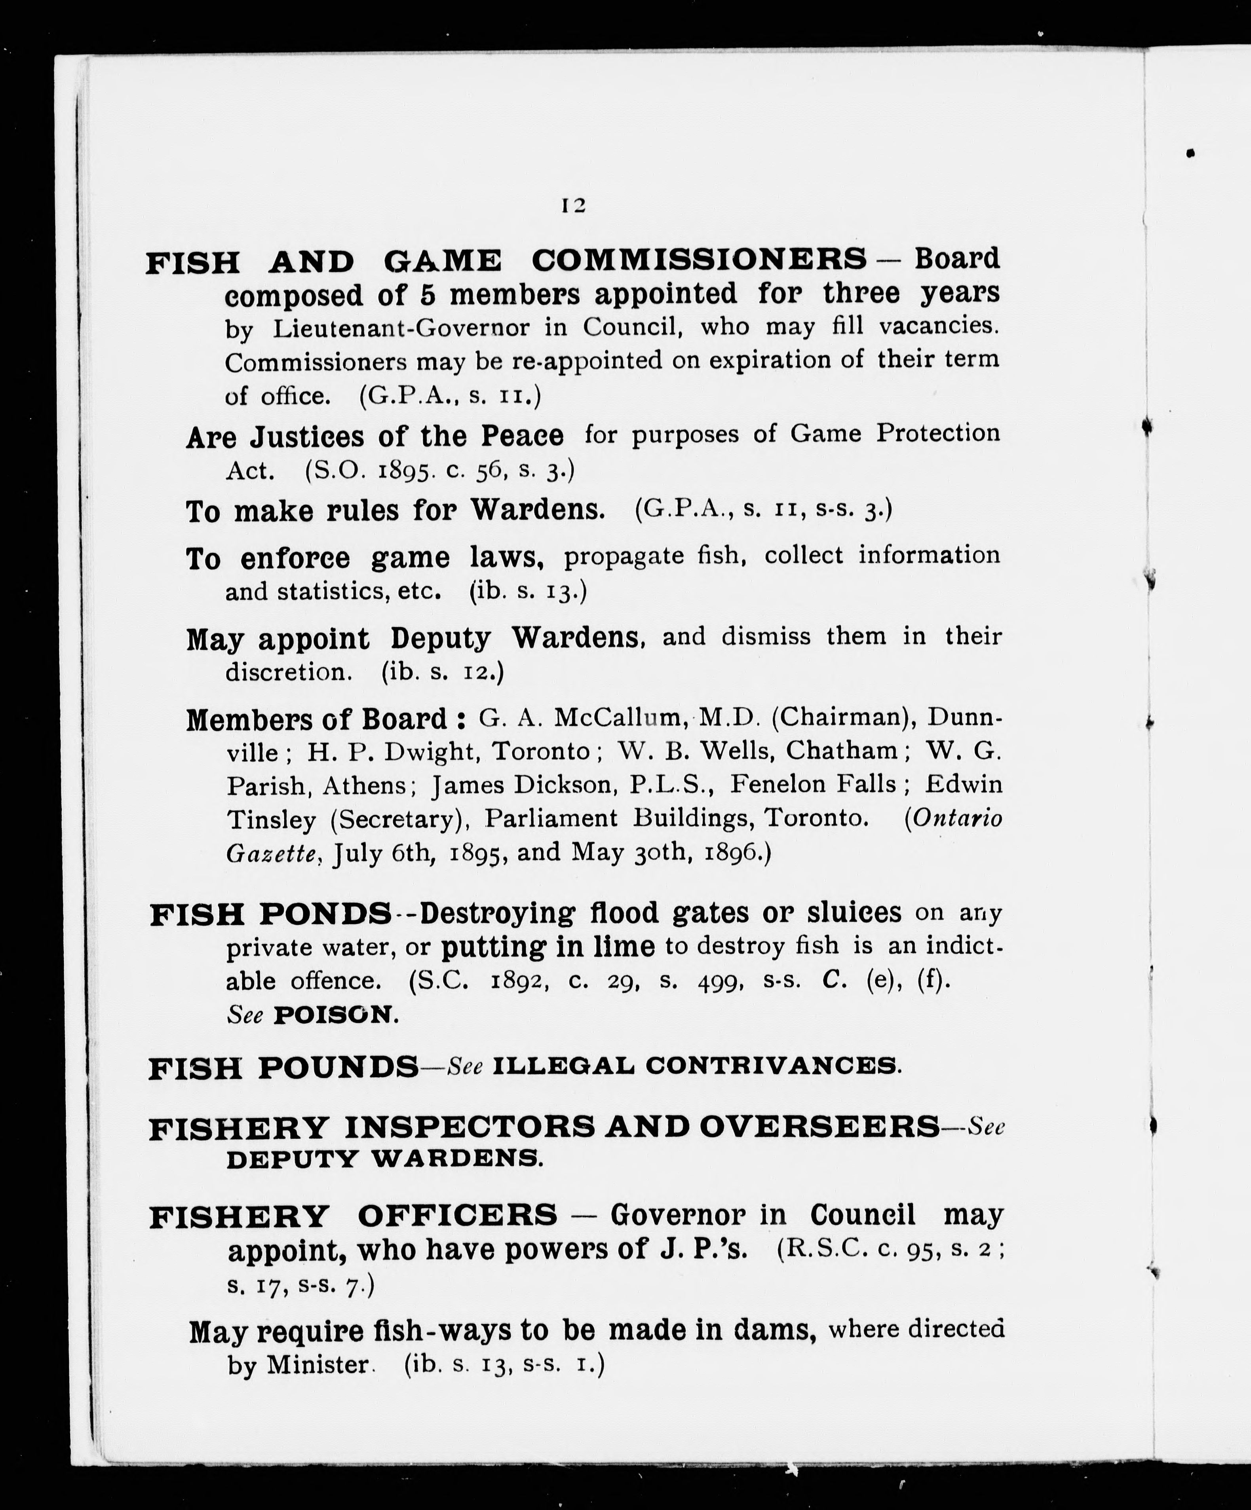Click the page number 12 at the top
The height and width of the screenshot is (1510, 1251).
[573, 206]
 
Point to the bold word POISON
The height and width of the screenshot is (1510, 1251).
[335, 1015]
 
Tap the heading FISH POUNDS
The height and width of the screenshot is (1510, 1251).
[283, 1067]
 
